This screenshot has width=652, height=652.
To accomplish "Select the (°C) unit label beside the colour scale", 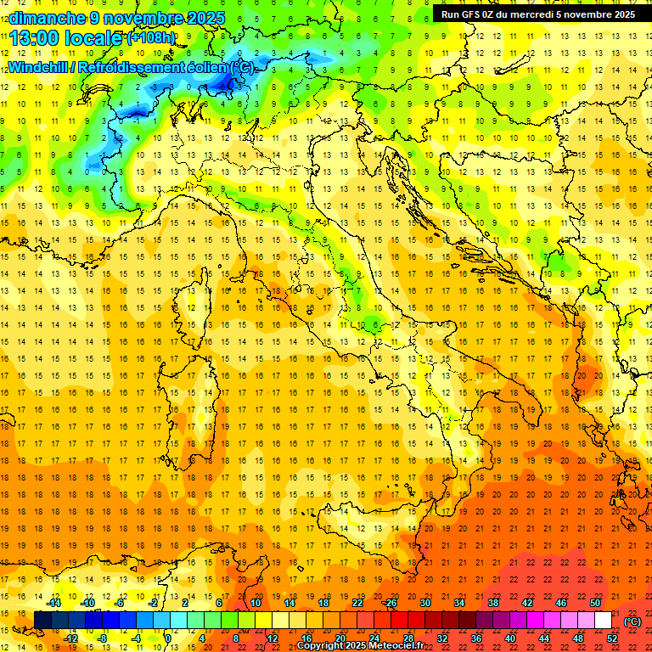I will point(632,621).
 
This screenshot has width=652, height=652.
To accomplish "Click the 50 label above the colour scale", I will point(595,603).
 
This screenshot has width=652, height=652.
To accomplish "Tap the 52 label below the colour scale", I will point(612,638).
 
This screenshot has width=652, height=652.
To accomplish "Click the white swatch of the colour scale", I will point(603,621).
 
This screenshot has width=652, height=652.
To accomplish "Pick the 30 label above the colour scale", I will point(425,603).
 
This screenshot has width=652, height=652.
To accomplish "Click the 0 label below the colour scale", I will point(169,638).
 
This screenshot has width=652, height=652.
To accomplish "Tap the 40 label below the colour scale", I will point(510,638).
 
